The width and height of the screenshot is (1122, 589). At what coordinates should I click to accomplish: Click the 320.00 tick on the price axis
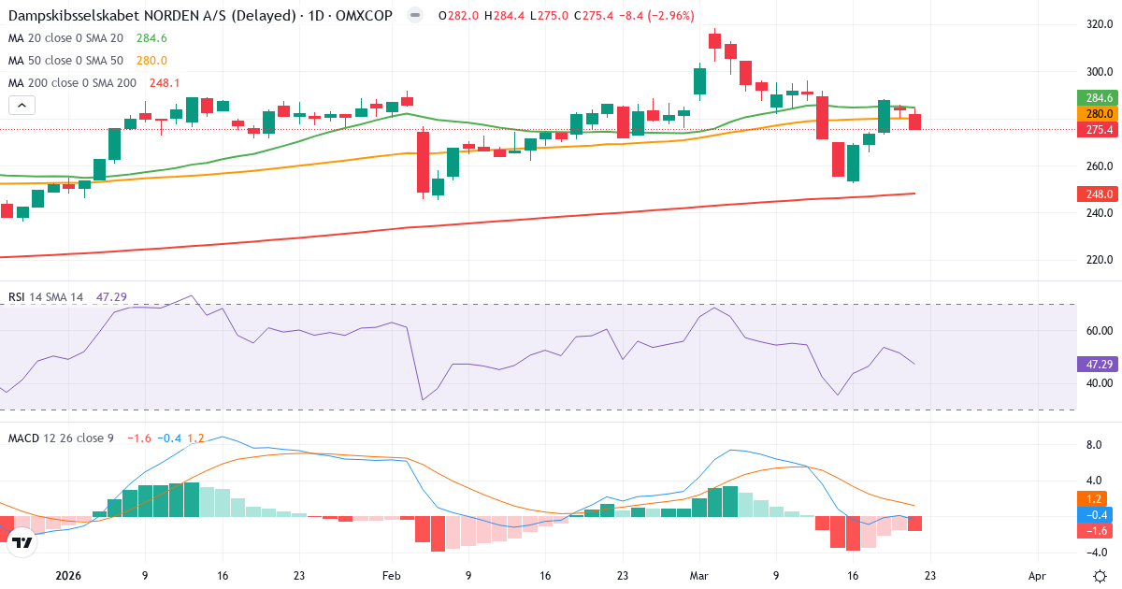click(1099, 24)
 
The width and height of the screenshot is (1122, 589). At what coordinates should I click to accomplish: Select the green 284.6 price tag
click(1098, 98)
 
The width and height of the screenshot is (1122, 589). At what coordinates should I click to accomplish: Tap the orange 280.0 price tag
click(1098, 113)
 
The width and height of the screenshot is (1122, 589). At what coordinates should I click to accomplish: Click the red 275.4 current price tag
click(1098, 130)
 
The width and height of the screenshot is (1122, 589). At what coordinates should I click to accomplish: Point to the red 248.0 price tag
click(1098, 194)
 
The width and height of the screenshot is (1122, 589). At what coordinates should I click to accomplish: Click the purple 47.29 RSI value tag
click(1098, 364)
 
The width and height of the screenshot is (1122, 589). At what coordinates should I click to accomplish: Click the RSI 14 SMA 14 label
click(46, 297)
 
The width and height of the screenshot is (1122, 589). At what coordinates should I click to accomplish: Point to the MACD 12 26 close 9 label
click(61, 438)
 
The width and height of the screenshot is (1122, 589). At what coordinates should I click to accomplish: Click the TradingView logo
click(23, 541)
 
